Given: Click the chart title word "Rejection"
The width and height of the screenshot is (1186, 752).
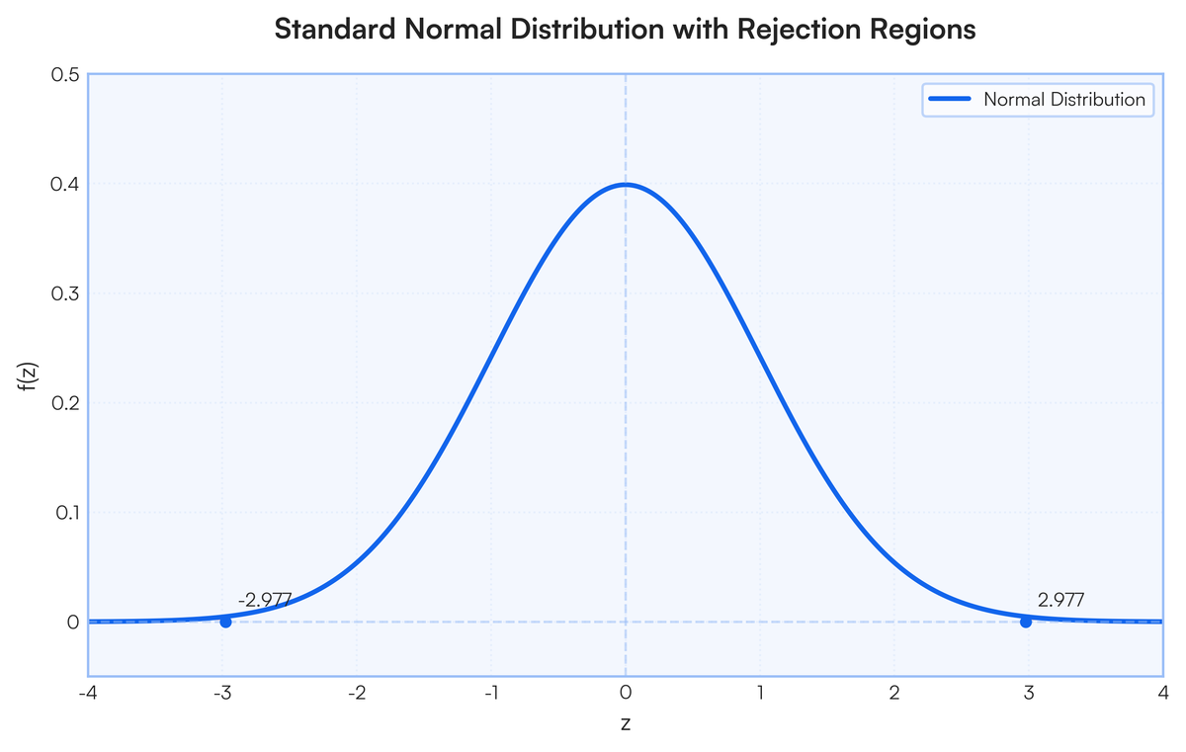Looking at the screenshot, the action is click(799, 29).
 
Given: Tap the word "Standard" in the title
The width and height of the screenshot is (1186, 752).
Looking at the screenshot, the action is click(335, 29).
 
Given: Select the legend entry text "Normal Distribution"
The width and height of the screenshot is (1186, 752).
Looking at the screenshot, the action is click(1064, 100).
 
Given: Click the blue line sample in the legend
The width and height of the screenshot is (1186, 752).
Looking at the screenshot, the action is click(951, 99).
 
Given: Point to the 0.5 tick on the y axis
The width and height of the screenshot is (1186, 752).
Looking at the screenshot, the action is click(65, 75).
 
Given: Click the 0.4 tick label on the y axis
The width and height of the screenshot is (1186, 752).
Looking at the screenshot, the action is click(65, 184).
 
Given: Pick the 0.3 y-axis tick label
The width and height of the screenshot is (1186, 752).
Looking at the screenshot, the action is click(65, 293).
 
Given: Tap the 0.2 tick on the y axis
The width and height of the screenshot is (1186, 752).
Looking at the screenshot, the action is click(65, 403).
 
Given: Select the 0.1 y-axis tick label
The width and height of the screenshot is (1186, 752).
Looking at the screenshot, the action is click(67, 513).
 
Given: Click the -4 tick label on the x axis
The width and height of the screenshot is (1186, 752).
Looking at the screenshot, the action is click(88, 693).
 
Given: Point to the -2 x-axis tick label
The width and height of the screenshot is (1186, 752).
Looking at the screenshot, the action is click(357, 693).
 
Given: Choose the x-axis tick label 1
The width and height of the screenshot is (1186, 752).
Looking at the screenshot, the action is click(760, 693).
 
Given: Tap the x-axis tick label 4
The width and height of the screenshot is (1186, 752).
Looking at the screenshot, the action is click(1163, 693).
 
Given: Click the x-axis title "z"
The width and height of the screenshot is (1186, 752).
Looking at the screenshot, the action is click(626, 724).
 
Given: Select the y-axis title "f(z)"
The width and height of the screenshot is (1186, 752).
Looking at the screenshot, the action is click(29, 376).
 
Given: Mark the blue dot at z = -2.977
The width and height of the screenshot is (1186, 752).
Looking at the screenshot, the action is click(225, 622).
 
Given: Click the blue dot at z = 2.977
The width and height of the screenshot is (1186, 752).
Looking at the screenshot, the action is click(1026, 622).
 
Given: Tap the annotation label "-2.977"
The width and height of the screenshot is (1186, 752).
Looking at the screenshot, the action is click(265, 600).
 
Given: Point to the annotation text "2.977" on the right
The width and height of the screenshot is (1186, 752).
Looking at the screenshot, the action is click(1060, 600).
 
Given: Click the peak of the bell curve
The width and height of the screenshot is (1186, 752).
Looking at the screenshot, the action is click(626, 184).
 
